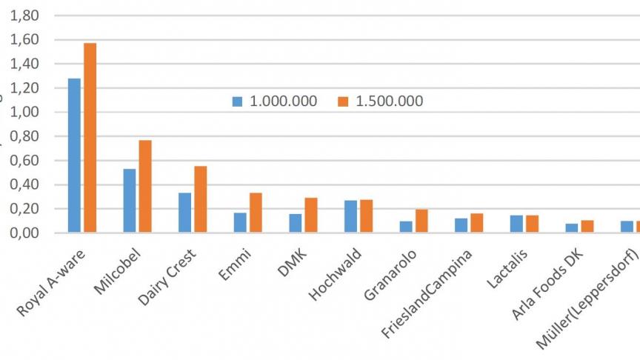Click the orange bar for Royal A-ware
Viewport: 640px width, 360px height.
click(x=90, y=138)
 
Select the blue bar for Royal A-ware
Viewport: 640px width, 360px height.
click(x=74, y=156)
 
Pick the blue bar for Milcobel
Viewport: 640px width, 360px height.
click(x=130, y=201)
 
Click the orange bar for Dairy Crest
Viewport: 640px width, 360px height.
click(x=201, y=199)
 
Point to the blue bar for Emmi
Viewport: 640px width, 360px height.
click(x=240, y=223)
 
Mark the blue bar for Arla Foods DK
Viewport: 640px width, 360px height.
click(x=572, y=228)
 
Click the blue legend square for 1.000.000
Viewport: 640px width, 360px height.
click(x=237, y=101)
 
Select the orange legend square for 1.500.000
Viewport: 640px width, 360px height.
click(x=343, y=101)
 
